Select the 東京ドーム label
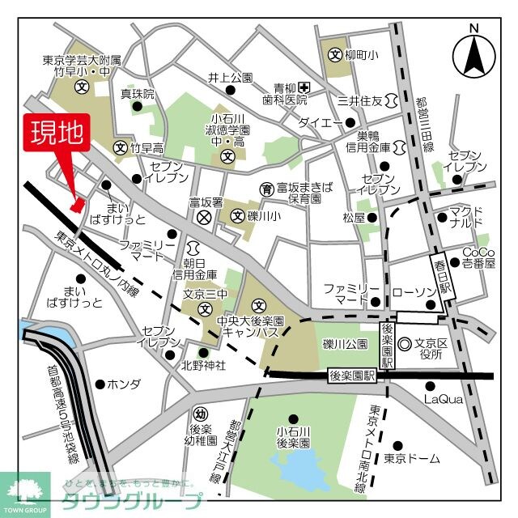412,459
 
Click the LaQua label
443,399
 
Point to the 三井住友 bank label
359,100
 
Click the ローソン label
414,289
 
